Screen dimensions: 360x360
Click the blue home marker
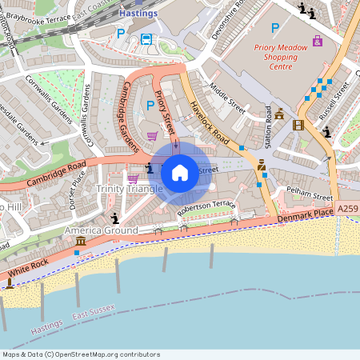coord(180,172)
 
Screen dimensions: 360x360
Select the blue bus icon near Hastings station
coord(146,38)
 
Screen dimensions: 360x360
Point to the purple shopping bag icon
coord(318,40)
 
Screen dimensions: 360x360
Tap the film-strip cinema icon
coord(298,125)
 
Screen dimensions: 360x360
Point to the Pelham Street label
coord(312,196)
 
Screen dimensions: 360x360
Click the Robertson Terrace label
coord(207,206)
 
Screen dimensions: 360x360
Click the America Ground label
coord(101,230)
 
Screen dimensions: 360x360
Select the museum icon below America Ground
coord(80,242)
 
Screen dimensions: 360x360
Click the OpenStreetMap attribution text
coord(81,354)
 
